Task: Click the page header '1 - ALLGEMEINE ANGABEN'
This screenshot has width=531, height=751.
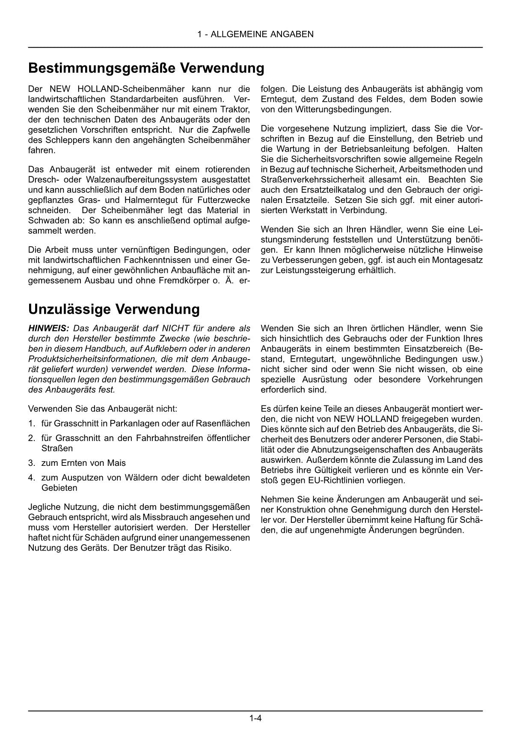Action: click(x=255, y=34)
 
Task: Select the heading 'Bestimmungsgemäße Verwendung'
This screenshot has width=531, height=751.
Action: click(x=146, y=68)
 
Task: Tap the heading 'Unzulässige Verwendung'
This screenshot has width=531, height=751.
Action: click(x=114, y=309)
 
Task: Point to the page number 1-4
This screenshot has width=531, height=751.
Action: click(x=255, y=718)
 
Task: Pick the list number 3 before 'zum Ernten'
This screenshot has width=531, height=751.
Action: click(x=31, y=463)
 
